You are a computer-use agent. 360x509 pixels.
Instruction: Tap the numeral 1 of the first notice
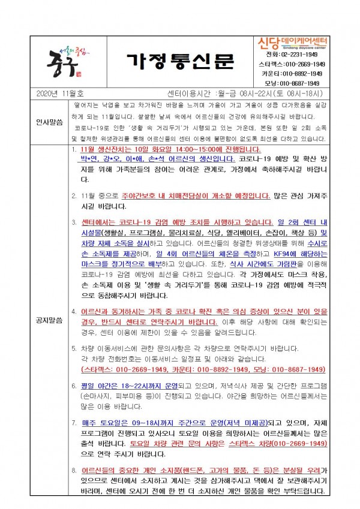pos(73,149)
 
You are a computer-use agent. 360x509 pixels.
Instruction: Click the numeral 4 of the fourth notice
pos(73,312)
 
